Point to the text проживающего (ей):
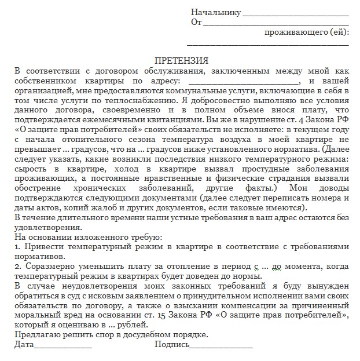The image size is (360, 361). click(306, 32)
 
